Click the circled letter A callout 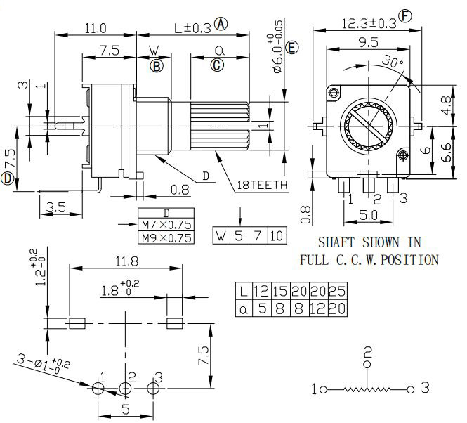coord(221,24)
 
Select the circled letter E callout coord(291,48)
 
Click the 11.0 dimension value coord(96,29)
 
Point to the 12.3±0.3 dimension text coord(369,24)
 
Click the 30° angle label coord(393,61)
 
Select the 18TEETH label coord(262,185)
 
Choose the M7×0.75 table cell coord(166,224)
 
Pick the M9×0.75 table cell coord(166,237)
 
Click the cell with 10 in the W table coord(277,236)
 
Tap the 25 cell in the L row coord(338,291)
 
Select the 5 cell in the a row coord(262,308)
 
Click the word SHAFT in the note coord(336,242)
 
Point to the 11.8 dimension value coord(126,261)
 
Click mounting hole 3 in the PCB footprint coord(153,388)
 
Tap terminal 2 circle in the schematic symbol coord(367,364)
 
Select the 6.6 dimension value coord(447,152)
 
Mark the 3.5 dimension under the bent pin coord(56,207)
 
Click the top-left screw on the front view coord(334,93)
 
